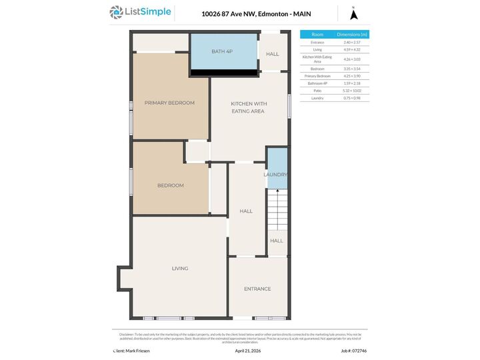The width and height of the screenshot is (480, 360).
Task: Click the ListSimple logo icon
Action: tap(117, 12)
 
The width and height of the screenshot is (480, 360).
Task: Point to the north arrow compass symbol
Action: tap(354, 13)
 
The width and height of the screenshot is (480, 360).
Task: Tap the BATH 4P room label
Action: tap(223, 51)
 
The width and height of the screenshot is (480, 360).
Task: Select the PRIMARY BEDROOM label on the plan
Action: tap(169, 103)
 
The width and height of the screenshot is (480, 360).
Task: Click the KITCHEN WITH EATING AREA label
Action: tap(249, 107)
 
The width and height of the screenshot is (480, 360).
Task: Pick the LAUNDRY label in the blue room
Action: tap(276, 175)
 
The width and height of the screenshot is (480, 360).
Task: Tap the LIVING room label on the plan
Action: tap(180, 268)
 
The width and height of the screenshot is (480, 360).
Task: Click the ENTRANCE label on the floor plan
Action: tap(257, 289)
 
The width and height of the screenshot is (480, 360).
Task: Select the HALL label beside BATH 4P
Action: tap(273, 54)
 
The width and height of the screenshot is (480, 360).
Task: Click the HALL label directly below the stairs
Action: tap(277, 241)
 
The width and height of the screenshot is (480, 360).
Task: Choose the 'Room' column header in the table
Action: tap(317, 34)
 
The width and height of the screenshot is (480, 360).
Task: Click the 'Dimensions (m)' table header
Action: tap(352, 34)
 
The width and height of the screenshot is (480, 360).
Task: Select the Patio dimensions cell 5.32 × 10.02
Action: tap(352, 90)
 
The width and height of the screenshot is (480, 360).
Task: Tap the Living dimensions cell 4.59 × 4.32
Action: tap(352, 50)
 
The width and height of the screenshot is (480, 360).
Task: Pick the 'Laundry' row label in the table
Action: tap(317, 98)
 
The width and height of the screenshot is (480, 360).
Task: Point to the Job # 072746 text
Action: tap(354, 350)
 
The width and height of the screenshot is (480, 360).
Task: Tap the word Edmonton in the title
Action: tap(272, 13)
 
